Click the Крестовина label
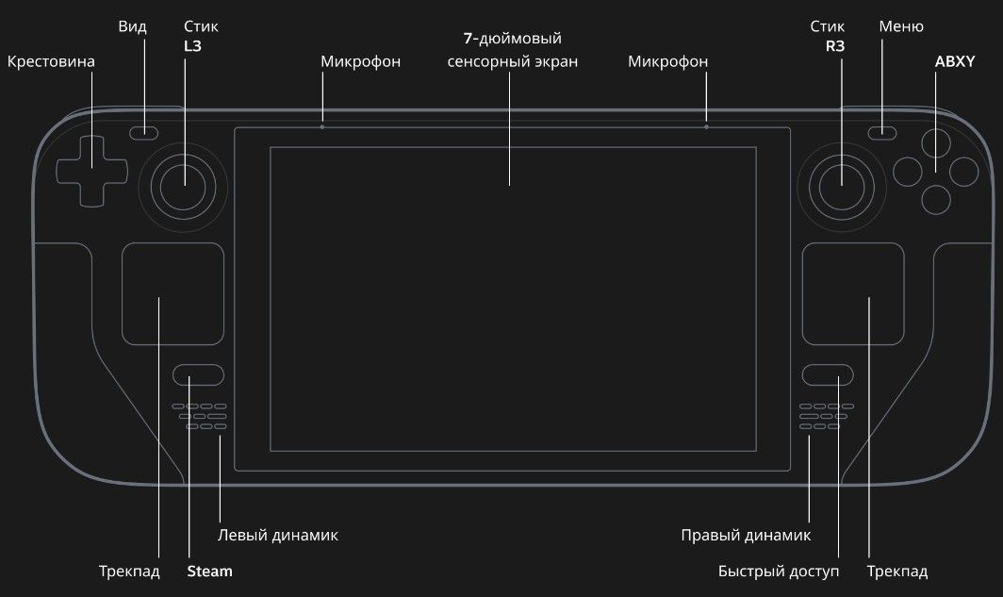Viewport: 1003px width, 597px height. [51, 61]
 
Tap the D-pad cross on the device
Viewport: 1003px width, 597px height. [91, 171]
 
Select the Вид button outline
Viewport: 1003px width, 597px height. [144, 132]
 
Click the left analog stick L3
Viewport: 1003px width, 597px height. [183, 188]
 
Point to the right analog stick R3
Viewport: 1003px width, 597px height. [841, 188]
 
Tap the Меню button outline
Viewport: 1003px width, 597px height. [882, 132]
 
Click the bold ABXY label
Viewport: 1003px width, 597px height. [954, 61]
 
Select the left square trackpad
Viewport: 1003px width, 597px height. [173, 293]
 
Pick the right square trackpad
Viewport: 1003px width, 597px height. [853, 293]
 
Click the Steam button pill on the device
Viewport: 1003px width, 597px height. [198, 375]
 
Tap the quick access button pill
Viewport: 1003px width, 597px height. [828, 375]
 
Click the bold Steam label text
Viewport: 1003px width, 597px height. [210, 572]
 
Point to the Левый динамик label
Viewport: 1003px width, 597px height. [277, 535]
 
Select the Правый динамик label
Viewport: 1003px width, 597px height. [746, 535]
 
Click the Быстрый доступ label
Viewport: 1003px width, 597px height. [779, 572]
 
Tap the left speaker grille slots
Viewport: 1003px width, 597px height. [199, 416]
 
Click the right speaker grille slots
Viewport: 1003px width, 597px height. [827, 416]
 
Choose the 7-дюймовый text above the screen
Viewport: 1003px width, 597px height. [513, 39]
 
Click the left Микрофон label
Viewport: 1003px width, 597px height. [360, 61]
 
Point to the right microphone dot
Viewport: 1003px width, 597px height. [706, 127]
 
